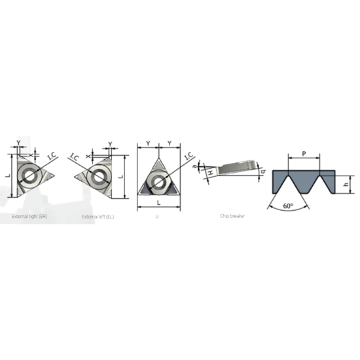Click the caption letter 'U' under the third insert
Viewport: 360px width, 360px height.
tap(156, 216)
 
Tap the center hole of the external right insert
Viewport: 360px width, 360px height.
tap(28, 175)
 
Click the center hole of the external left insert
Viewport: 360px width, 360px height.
tap(99, 175)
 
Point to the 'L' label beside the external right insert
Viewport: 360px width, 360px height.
tap(6, 175)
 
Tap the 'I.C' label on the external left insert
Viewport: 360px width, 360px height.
tap(74, 156)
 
